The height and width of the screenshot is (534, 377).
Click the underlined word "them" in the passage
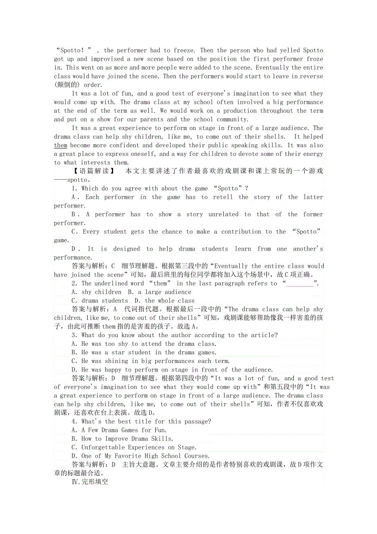60,146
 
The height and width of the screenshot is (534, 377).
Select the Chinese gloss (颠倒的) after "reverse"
67,85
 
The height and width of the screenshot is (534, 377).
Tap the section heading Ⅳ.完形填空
90,482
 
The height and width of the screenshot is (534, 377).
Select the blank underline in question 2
299,283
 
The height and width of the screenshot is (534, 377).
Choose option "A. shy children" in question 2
96,292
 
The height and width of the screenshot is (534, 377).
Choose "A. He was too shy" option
143,344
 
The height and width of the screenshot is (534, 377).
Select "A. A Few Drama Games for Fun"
119,430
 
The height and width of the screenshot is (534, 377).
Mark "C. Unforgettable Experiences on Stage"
134,447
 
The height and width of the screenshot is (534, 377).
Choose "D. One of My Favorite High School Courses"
141,456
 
